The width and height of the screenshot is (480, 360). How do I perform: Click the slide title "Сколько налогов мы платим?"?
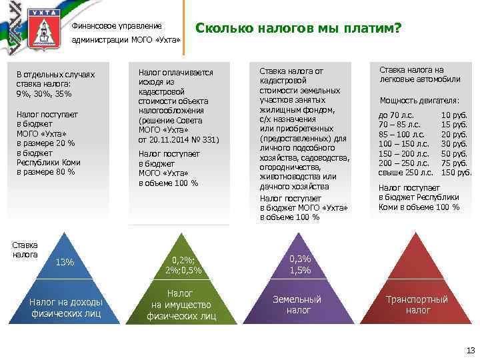pyautogui.click(x=297, y=29)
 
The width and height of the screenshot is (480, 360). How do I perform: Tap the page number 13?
pyautogui.click(x=469, y=351)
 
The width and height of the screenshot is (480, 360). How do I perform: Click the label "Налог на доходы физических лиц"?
pyautogui.click(x=65, y=308)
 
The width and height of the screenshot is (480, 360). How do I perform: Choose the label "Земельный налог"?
pyautogui.click(x=297, y=305)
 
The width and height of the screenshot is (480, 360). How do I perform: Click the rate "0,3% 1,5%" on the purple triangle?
pyautogui.click(x=300, y=265)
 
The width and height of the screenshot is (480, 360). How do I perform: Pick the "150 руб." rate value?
pyautogui.click(x=457, y=173)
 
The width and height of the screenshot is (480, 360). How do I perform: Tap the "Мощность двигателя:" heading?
pyautogui.click(x=419, y=101)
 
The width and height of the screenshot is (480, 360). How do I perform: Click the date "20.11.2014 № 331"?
pyautogui.click(x=178, y=139)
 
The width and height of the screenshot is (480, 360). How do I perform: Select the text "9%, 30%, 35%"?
pyautogui.click(x=45, y=94)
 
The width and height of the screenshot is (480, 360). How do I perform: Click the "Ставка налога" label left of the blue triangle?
pyautogui.click(x=25, y=249)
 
